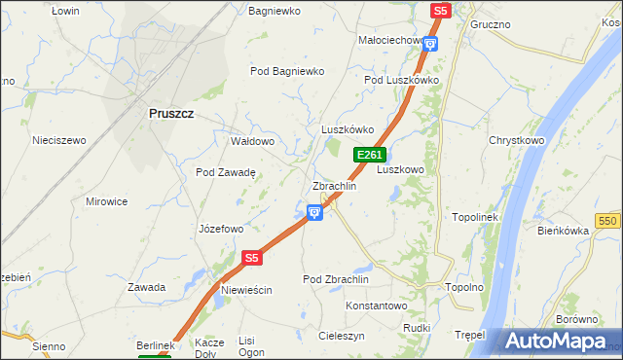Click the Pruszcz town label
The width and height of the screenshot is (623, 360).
tap(171, 113)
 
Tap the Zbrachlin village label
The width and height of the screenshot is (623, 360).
tap(334, 185)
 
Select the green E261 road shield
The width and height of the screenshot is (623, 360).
tap(370, 155)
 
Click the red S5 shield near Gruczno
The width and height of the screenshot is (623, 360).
tap(440, 10)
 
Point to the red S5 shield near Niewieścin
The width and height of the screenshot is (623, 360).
tap(252, 258)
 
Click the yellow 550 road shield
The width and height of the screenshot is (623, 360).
tap(609, 222)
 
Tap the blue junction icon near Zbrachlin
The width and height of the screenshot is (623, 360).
tap(314, 211)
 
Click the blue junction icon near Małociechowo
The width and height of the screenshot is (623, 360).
tap(431, 43)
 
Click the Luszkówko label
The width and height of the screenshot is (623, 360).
tap(348, 129)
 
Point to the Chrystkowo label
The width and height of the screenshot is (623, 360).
tap(516, 140)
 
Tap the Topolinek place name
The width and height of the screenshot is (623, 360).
tap(475, 216)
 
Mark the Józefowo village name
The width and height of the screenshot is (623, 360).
tap(220, 230)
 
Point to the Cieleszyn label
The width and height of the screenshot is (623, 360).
tap(341, 335)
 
